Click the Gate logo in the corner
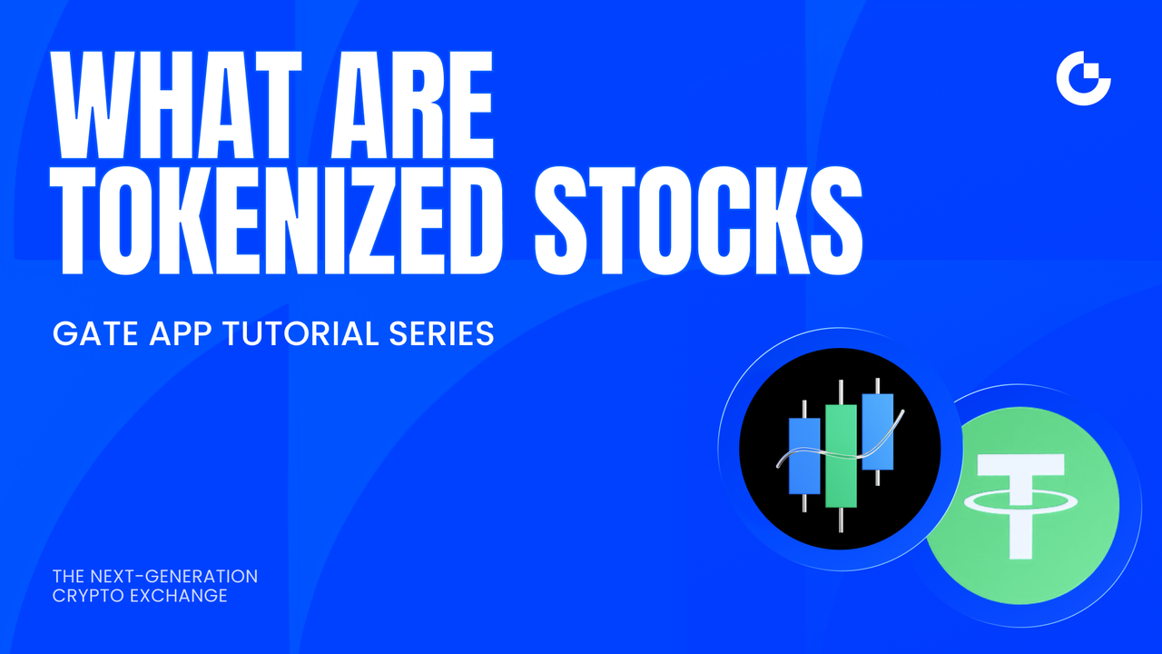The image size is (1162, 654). (x=1084, y=79)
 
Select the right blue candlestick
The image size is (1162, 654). (x=877, y=431)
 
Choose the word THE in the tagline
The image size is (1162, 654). (x=67, y=577)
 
